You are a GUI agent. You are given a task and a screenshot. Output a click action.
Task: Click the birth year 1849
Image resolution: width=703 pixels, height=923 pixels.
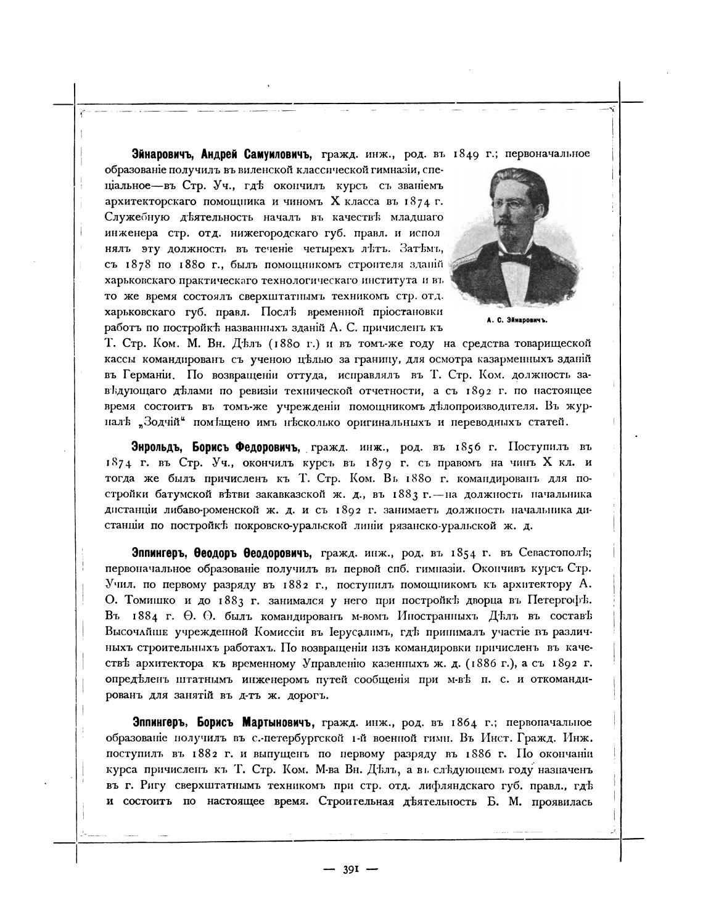click(474, 154)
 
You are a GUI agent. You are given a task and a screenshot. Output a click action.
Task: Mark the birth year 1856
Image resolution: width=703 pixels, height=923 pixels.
click(474, 446)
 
